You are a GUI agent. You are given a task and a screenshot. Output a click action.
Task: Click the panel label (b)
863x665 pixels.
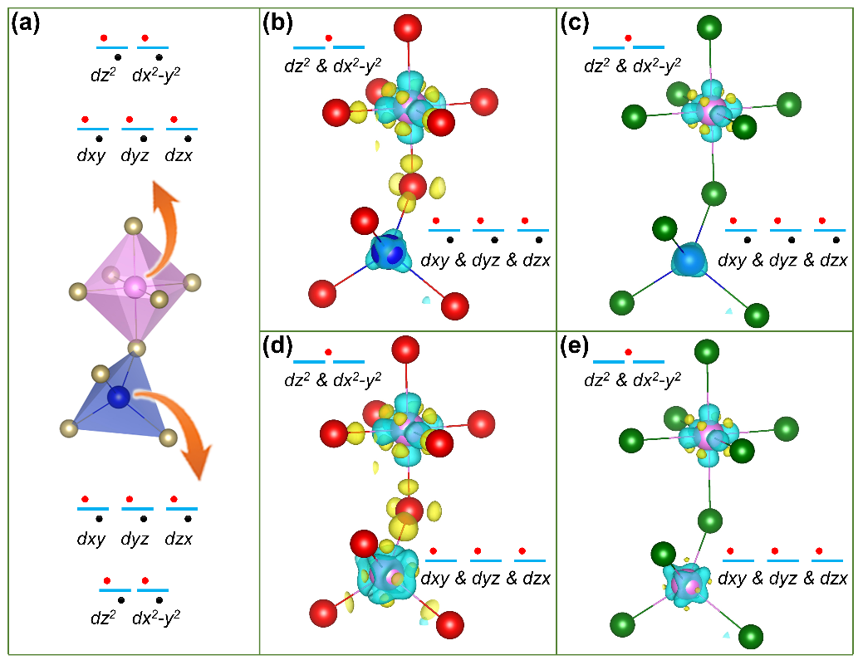277,24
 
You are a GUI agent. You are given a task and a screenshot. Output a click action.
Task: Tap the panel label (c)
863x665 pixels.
576,24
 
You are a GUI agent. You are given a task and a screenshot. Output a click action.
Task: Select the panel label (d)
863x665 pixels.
277,348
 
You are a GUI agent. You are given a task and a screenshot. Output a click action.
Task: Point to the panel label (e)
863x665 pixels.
576,348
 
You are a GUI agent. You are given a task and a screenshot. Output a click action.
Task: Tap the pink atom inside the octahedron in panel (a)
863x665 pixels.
135,287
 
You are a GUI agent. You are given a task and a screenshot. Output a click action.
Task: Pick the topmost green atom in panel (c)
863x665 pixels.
709,27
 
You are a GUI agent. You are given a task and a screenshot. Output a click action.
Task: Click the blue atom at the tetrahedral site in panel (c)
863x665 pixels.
689,261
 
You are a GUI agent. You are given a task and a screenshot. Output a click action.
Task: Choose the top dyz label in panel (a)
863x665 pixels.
136,155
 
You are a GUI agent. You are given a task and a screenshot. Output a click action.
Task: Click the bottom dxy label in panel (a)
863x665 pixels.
91,539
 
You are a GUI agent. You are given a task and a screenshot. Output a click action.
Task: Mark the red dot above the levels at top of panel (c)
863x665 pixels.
628,37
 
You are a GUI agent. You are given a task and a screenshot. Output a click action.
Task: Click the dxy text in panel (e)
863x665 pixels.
732,579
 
